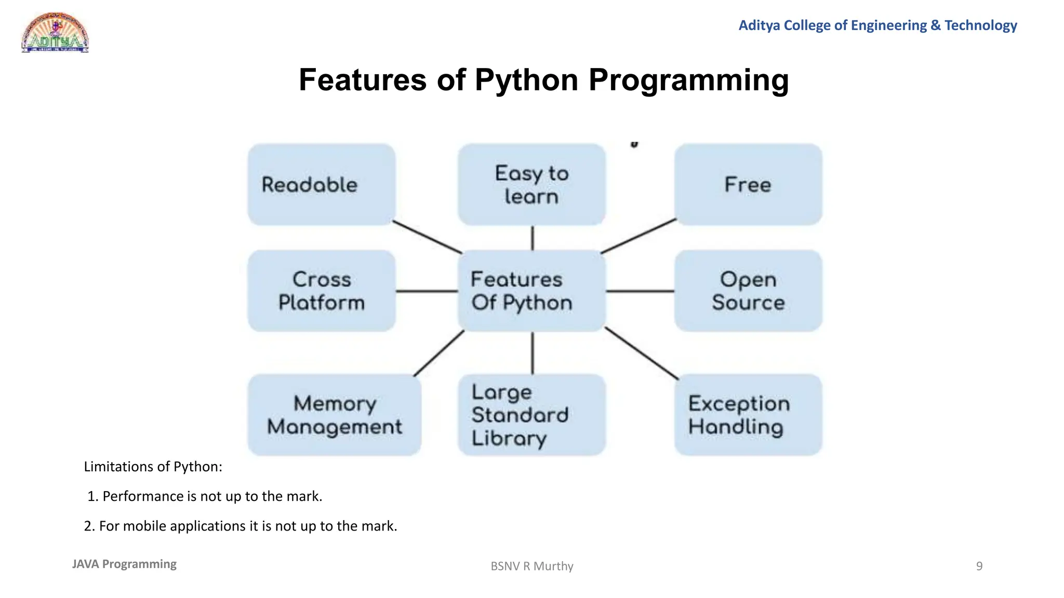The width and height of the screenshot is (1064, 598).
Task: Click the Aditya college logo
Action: [x=55, y=33]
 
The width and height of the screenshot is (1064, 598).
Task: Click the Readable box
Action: [x=322, y=185]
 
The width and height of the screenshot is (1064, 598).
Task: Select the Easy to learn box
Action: [x=531, y=185]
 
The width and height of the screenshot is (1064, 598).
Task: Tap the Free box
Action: [x=748, y=185]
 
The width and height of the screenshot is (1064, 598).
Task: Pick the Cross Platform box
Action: [x=322, y=291]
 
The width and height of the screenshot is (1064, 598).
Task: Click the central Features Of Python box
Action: [x=531, y=291]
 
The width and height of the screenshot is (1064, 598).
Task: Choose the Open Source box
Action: [x=748, y=291]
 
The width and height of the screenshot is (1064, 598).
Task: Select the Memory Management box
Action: [x=334, y=415]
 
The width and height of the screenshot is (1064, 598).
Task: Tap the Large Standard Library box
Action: [x=531, y=415]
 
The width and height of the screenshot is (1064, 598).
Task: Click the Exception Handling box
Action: [x=748, y=415]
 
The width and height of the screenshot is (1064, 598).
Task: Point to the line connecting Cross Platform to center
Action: [x=427, y=291]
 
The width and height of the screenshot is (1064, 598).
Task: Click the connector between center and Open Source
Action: [x=640, y=291]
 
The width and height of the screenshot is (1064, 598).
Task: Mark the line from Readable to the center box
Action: [x=427, y=237]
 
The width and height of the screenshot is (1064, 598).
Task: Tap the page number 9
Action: [x=979, y=566]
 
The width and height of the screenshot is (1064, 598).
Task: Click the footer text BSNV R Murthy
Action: [x=531, y=566]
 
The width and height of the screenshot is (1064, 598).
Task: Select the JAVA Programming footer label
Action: [x=124, y=564]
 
